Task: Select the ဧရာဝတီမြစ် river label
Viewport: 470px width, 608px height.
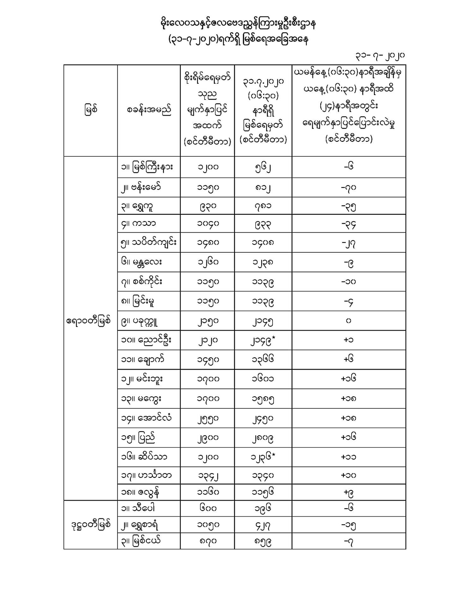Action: point(89,321)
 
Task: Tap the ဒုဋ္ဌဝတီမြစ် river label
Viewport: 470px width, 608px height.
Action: point(91,525)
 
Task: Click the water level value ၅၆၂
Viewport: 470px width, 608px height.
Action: point(263,167)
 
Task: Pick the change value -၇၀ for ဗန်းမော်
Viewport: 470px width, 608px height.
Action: point(349,187)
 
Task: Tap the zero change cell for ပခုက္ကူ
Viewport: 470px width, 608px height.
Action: point(348,321)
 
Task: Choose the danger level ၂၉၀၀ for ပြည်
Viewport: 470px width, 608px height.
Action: point(208,438)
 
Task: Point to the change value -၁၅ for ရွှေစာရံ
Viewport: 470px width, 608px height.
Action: point(349,525)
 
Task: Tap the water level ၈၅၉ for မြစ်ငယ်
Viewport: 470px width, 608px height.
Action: point(263,541)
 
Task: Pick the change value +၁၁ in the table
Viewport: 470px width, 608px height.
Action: point(349,457)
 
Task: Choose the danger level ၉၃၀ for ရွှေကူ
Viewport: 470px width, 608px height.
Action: point(208,206)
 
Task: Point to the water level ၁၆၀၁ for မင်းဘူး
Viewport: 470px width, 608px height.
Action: point(263,379)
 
